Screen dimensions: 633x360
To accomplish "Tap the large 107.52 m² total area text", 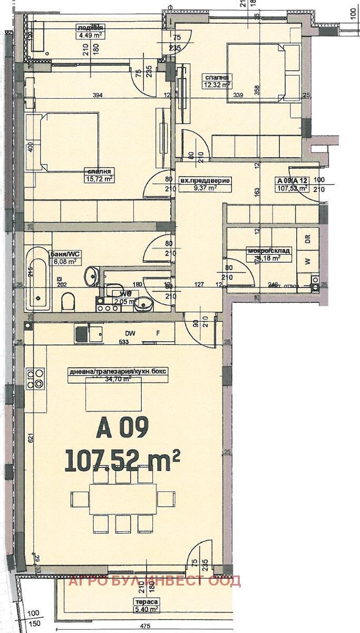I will click(122, 461).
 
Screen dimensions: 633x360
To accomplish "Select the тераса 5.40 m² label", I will click(147, 606).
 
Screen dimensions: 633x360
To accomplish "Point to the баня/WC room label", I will click(65, 256).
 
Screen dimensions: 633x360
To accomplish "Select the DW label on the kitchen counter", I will click(130, 333).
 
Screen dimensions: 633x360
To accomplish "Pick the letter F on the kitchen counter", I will click(158, 333).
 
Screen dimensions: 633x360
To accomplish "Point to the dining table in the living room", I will click(122, 498).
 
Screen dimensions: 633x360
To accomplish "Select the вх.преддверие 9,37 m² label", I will click(205, 184).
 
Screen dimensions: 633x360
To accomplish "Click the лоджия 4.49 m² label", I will click(89, 32).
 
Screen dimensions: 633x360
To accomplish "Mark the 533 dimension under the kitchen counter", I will click(124, 342).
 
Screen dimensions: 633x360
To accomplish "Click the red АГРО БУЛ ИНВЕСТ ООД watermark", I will click(154, 581).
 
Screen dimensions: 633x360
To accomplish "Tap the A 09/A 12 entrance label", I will click(292, 184).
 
